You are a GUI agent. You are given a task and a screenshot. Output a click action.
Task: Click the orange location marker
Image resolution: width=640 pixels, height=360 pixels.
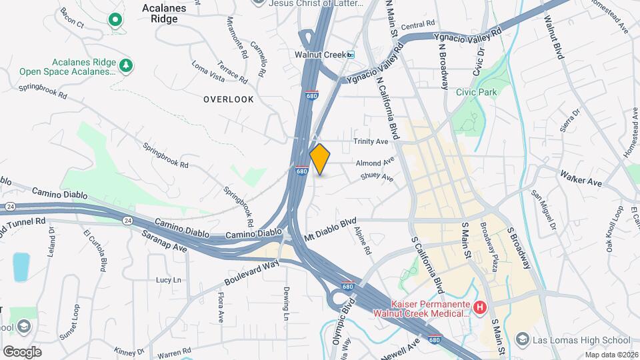320,159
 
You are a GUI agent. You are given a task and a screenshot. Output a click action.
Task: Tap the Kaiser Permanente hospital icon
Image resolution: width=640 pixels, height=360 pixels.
480,307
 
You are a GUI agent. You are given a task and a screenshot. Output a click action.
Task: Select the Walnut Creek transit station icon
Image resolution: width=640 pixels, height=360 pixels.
351,55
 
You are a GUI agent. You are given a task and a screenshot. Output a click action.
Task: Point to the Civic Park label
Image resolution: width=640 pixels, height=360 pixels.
474,93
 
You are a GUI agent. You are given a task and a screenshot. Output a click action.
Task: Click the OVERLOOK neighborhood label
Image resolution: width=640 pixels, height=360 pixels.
229,99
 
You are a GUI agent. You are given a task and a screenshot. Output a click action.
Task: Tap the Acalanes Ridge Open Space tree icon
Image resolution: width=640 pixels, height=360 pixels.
125,65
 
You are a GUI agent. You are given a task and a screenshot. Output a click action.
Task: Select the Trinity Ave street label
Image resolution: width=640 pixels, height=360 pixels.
371,142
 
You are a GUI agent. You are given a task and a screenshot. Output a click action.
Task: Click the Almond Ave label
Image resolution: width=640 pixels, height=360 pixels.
375,163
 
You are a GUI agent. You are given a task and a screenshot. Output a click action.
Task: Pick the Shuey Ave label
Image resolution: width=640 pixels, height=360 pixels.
377,177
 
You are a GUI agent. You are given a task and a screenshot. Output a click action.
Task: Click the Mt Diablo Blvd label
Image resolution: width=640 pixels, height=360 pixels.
331,229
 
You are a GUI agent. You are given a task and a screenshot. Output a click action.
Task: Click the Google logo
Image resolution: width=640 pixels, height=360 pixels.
22,351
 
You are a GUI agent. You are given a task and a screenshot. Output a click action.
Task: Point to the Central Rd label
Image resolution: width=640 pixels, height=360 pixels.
418,25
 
